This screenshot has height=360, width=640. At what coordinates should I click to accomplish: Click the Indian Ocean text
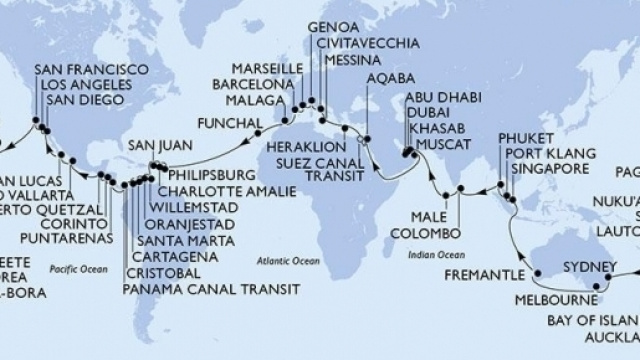433,253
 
